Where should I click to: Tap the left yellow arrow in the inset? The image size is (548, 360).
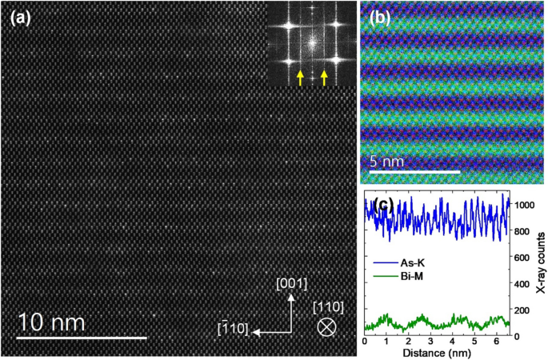point(300,77)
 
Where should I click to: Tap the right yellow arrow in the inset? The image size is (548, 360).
point(324,77)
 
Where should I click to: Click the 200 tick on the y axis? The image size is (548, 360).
point(522,310)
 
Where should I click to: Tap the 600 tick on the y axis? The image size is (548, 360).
point(522,258)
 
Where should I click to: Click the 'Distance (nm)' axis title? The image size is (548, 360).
point(435,353)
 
